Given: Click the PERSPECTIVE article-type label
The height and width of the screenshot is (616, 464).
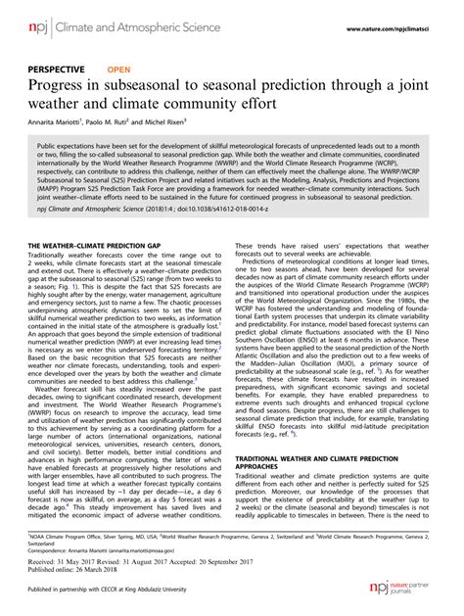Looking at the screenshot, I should (x=58, y=70).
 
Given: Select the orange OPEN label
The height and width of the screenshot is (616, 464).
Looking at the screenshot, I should (x=118, y=70).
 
